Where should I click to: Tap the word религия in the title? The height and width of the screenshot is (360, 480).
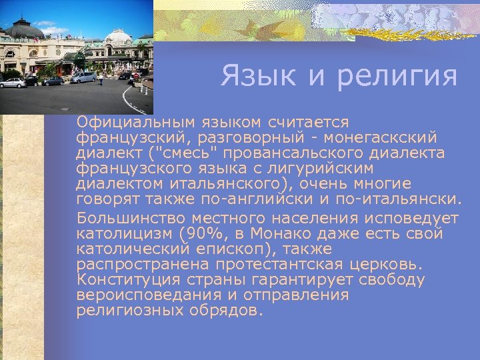tap(397, 76)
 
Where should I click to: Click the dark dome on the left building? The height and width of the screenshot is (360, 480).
tap(25, 29)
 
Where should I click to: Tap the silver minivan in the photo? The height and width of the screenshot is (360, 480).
tap(83, 78)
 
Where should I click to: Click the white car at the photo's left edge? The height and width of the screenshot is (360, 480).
tap(12, 83)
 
